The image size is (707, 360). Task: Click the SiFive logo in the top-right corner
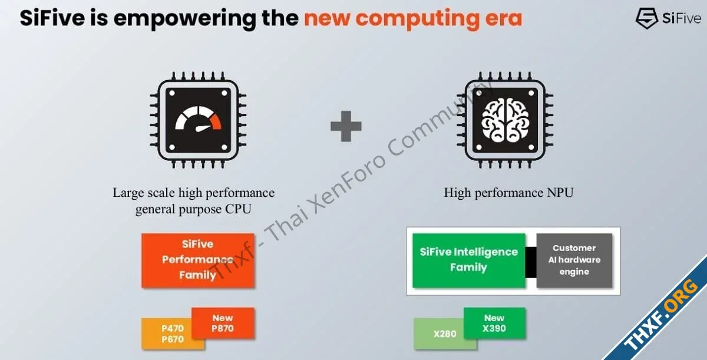(x=668, y=18)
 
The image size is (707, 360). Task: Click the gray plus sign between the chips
(x=346, y=126)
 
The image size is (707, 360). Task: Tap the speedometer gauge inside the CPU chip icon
(x=198, y=119)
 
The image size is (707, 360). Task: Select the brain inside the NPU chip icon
(x=505, y=120)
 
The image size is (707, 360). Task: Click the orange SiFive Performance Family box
(x=198, y=260)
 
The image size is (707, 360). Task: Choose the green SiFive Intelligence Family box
(x=469, y=260)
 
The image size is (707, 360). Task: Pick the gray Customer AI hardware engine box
(x=574, y=260)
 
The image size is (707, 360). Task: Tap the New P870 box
(x=223, y=323)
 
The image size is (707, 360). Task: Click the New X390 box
(x=494, y=323)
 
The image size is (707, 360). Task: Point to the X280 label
(x=445, y=334)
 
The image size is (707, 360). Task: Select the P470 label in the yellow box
(x=173, y=328)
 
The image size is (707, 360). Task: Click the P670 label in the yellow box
(x=173, y=339)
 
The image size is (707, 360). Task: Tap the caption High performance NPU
(x=508, y=193)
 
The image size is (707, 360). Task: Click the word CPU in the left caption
(x=238, y=209)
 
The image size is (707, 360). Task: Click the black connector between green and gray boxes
(x=531, y=262)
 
